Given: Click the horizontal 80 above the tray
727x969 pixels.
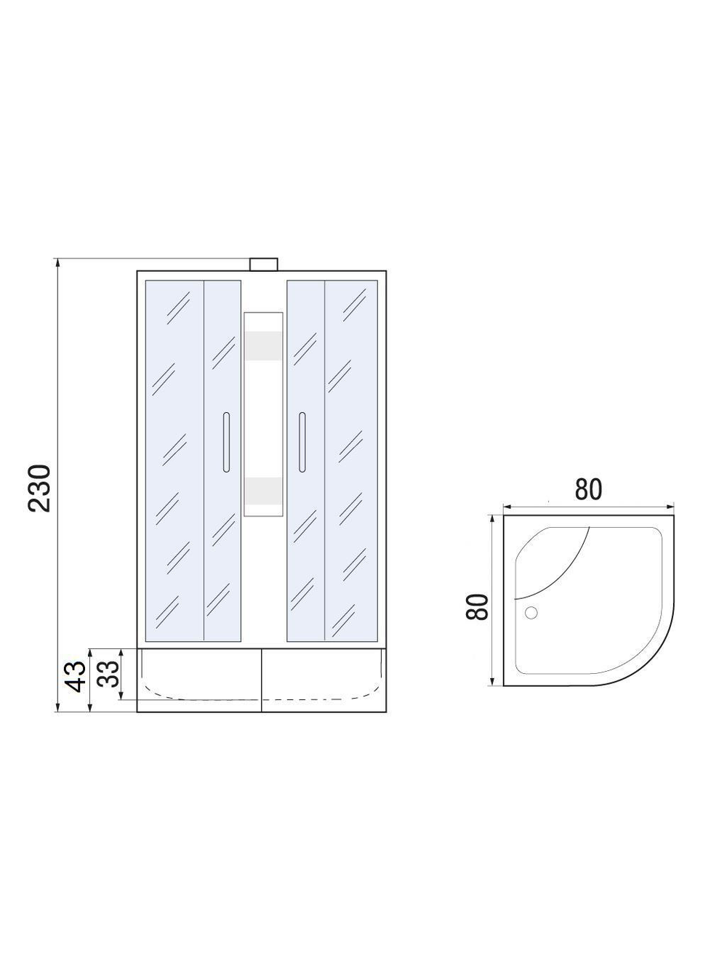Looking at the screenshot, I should click(588, 490).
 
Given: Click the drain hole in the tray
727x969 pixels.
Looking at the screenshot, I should click(531, 613).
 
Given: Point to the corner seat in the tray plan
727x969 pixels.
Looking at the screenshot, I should click(549, 560).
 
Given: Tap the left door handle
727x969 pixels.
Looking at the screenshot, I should click(226, 443).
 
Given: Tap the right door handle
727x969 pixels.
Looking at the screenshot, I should click(301, 443).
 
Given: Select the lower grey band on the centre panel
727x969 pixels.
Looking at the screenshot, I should click(263, 491).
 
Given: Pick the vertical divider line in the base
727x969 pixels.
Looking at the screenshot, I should click(261, 680).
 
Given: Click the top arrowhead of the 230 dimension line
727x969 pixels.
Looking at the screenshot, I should click(57, 262).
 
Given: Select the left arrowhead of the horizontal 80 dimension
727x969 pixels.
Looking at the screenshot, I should click(507, 507).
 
